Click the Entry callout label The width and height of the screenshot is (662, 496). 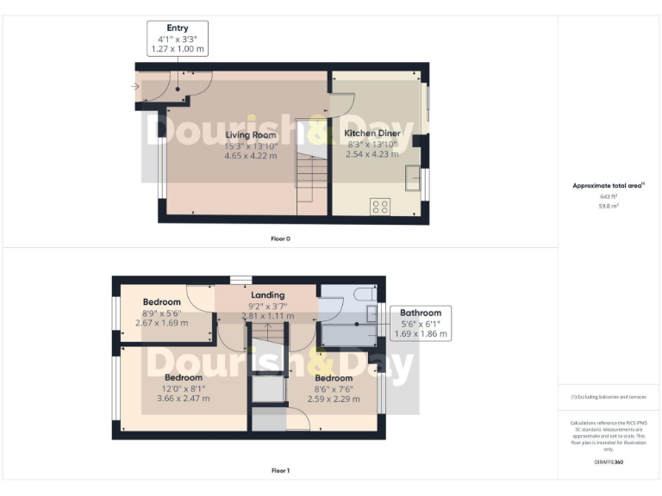click(178, 39)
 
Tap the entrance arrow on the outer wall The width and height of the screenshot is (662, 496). click(136, 86)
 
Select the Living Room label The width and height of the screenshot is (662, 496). click(251, 135)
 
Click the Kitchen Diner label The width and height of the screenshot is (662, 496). click(372, 134)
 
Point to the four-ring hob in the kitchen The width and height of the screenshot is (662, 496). click(379, 206)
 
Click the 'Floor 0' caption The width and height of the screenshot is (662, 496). click(281, 238)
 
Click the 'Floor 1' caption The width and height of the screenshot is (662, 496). click(281, 471)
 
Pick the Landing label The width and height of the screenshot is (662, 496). click(267, 295)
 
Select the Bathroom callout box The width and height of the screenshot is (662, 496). click(420, 323)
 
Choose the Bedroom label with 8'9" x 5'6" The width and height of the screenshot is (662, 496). click(162, 302)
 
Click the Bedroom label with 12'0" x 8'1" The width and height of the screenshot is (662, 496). click(183, 377)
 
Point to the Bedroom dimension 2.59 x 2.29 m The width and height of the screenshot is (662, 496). click(333, 399)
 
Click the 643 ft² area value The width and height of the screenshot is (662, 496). click(609, 196)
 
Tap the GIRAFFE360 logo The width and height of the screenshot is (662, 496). click(609, 462)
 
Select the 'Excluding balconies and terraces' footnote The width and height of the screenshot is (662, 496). click(609, 397)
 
